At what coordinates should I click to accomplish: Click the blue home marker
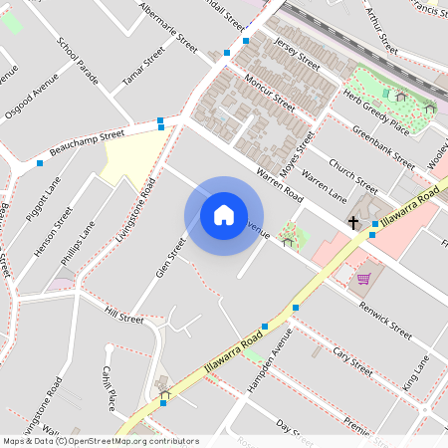[224, 214]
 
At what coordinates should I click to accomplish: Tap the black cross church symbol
[353, 222]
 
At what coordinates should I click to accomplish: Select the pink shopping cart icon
[363, 279]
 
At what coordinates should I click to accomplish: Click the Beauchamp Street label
[87, 140]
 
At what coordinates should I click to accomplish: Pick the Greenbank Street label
[383, 145]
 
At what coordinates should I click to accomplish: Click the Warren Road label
[279, 186]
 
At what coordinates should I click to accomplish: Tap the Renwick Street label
[385, 318]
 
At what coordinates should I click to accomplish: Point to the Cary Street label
[353, 356]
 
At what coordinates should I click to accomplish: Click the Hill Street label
[124, 316]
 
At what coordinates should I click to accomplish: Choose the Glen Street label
[171, 258]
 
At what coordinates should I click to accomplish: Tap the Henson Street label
[56, 232]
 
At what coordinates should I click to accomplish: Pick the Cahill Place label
[109, 385]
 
